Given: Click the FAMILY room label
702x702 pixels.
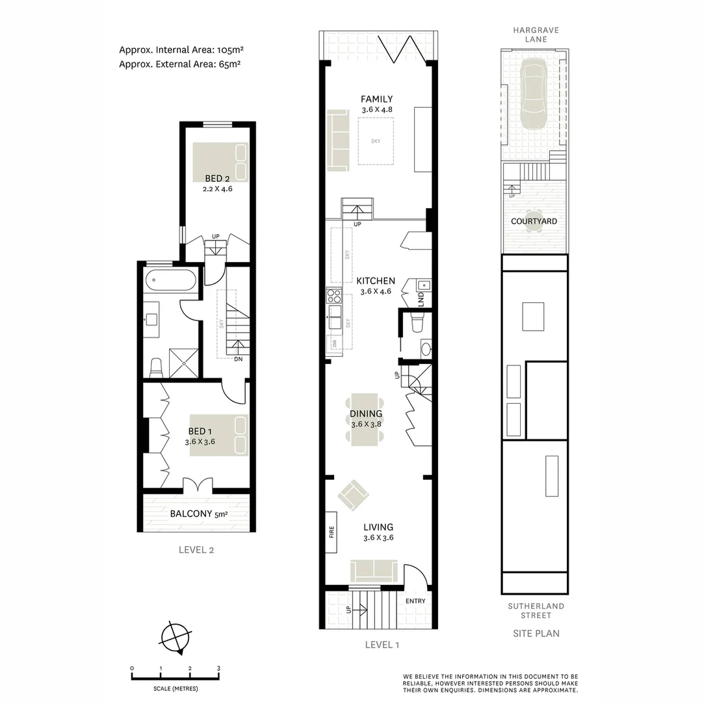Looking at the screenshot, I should click(x=377, y=99).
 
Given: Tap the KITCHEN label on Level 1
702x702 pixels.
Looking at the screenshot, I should click(x=376, y=281).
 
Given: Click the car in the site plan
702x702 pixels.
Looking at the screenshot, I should click(x=534, y=95).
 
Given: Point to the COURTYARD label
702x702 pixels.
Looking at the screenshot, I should click(x=534, y=222).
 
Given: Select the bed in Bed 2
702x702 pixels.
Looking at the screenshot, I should click(x=220, y=162).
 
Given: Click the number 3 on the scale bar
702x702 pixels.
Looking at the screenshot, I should click(x=219, y=668).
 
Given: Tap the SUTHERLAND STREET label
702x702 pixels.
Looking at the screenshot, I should click(x=536, y=610).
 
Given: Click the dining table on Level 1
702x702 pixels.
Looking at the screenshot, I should click(x=366, y=419).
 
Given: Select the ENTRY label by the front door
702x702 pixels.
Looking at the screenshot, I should click(x=415, y=601).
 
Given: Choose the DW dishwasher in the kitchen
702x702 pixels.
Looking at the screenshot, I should click(x=334, y=343).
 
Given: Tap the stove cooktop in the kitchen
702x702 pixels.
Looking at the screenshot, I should click(x=333, y=296).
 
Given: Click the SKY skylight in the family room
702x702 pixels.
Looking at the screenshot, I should click(x=376, y=140).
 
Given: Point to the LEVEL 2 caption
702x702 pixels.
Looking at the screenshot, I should click(x=196, y=550).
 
